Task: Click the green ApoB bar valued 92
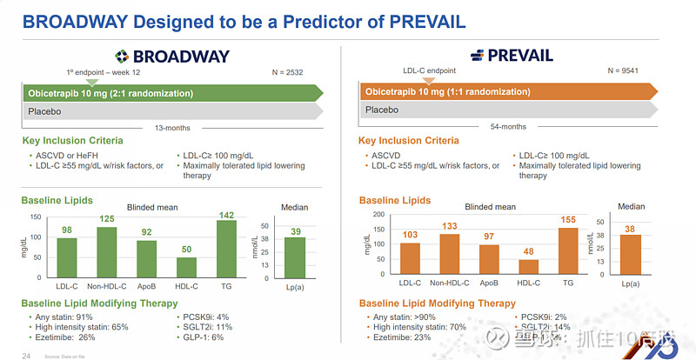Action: tap(147, 258)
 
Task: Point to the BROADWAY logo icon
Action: tap(123, 56)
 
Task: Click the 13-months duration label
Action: tap(171, 127)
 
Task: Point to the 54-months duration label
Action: tap(508, 127)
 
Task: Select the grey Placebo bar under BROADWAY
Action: tap(171, 110)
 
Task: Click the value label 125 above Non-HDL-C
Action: tap(107, 218)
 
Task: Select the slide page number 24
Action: tap(26, 356)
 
